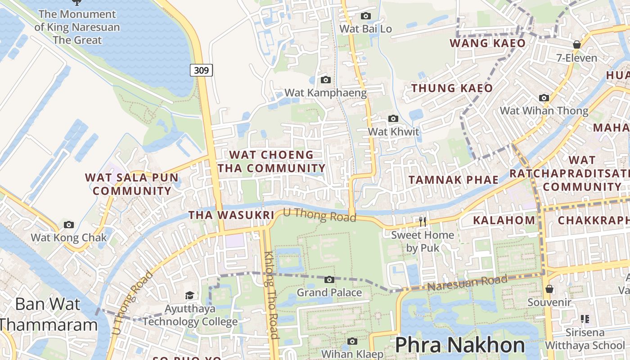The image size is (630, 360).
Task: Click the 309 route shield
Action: click(x=201, y=70)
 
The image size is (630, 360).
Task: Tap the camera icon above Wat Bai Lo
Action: click(x=366, y=16)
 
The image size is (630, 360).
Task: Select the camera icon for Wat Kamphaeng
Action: click(x=326, y=80)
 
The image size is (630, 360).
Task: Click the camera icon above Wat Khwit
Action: click(x=393, y=119)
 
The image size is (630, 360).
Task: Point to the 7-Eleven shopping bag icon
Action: click(x=577, y=45)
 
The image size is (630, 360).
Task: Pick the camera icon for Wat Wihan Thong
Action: click(x=544, y=98)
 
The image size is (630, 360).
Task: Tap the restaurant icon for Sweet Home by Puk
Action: click(x=423, y=221)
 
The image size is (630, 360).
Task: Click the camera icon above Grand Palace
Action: click(x=329, y=280)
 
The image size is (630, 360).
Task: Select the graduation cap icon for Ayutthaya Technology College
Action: click(x=190, y=296)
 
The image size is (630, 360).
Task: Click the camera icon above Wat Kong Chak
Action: click(x=69, y=225)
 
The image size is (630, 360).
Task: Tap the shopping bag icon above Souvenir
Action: click(x=549, y=289)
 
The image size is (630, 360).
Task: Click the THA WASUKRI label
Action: click(x=231, y=215)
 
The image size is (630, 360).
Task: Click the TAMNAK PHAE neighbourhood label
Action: click(x=454, y=180)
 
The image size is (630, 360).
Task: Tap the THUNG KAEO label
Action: click(x=452, y=88)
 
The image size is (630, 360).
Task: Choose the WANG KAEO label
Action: click(x=488, y=43)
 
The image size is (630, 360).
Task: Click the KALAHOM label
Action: click(x=504, y=220)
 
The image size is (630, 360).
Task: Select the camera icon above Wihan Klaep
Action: click(x=352, y=342)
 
